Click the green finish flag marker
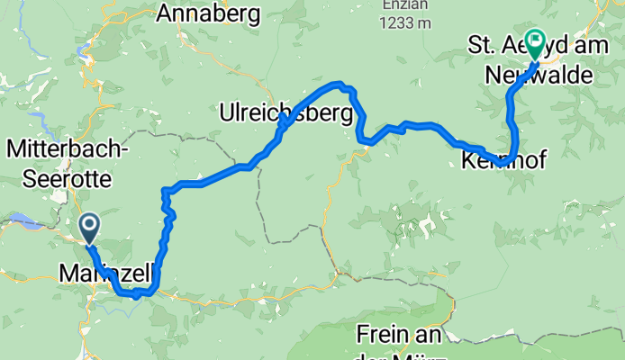click(x=535, y=41)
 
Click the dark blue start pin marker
click(x=90, y=227)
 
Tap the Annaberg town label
click(x=208, y=13)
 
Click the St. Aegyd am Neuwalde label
click(x=530, y=59)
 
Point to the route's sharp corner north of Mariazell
click(x=164, y=190)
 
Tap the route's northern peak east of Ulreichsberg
click(x=340, y=85)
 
